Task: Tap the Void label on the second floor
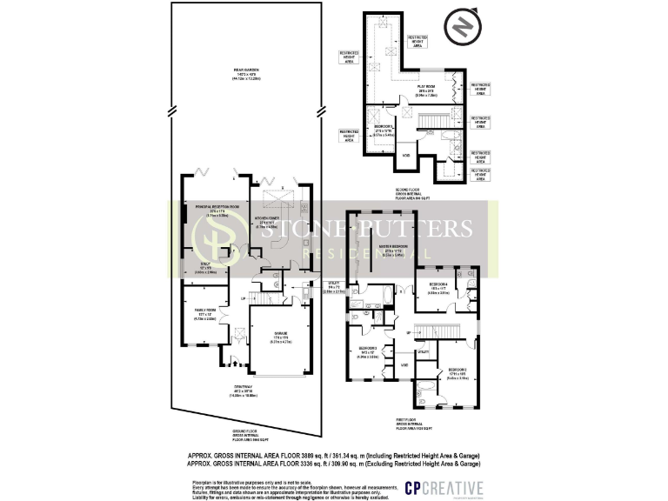(405, 157)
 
